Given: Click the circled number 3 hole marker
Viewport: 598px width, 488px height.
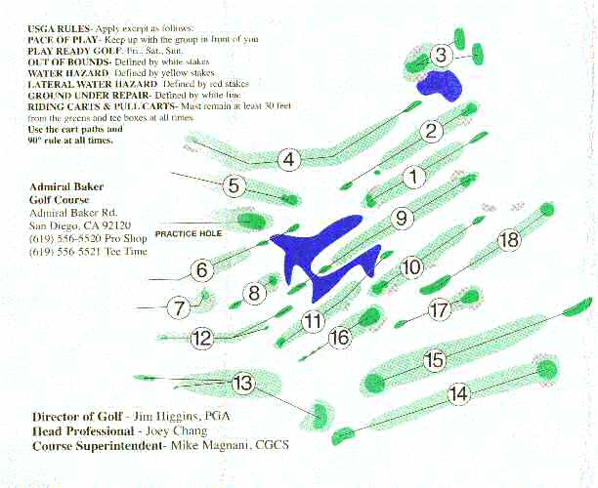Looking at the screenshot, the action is pos(441,55).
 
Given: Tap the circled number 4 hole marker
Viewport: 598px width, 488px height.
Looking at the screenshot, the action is pos(289,160).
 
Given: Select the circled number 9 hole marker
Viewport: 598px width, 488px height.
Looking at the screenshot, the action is pos(402,218).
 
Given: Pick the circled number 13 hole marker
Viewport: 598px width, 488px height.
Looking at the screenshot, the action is pos(243,382).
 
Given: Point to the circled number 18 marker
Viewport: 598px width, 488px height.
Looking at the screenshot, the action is pos(509,240).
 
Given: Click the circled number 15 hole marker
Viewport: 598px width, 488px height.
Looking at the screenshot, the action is pos(435,359).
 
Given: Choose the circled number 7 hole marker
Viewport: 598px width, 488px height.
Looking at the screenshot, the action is pos(179,307).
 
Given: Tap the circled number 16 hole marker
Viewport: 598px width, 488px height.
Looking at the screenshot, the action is pos(340,337).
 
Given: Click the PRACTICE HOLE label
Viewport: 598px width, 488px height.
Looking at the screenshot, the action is pos(189,233).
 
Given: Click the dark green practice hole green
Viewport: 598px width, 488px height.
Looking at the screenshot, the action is pos(251,221).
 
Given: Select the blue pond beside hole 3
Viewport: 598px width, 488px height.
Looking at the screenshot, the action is pos(440,85).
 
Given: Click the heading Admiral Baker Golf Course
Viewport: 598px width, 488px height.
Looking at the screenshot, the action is pos(66,193).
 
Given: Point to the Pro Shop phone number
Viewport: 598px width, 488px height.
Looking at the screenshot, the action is pos(88,238).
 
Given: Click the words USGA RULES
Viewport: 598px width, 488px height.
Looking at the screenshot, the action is pos(59,28).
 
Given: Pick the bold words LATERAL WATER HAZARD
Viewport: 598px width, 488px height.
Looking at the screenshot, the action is pos(92,84).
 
